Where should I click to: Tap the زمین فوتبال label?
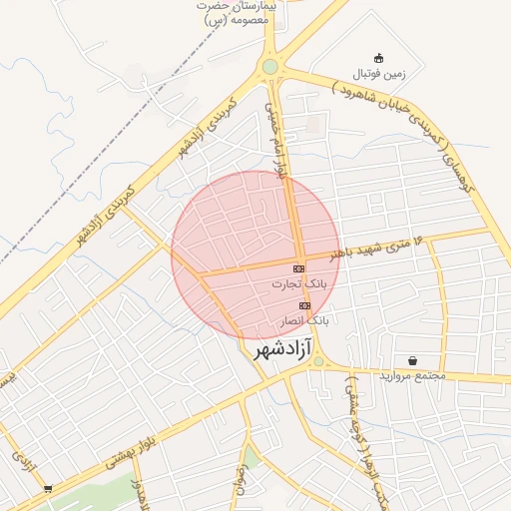(379, 75)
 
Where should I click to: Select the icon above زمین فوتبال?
(378, 58)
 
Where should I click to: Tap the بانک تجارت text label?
(298, 284)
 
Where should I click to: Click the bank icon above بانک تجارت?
(298, 269)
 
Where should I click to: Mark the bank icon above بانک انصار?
(304, 305)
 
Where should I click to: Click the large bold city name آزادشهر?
(283, 348)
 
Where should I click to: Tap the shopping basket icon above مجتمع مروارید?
(412, 359)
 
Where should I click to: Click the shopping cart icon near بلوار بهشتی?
(49, 489)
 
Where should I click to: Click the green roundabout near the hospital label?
(269, 67)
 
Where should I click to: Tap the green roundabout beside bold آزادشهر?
(318, 362)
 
